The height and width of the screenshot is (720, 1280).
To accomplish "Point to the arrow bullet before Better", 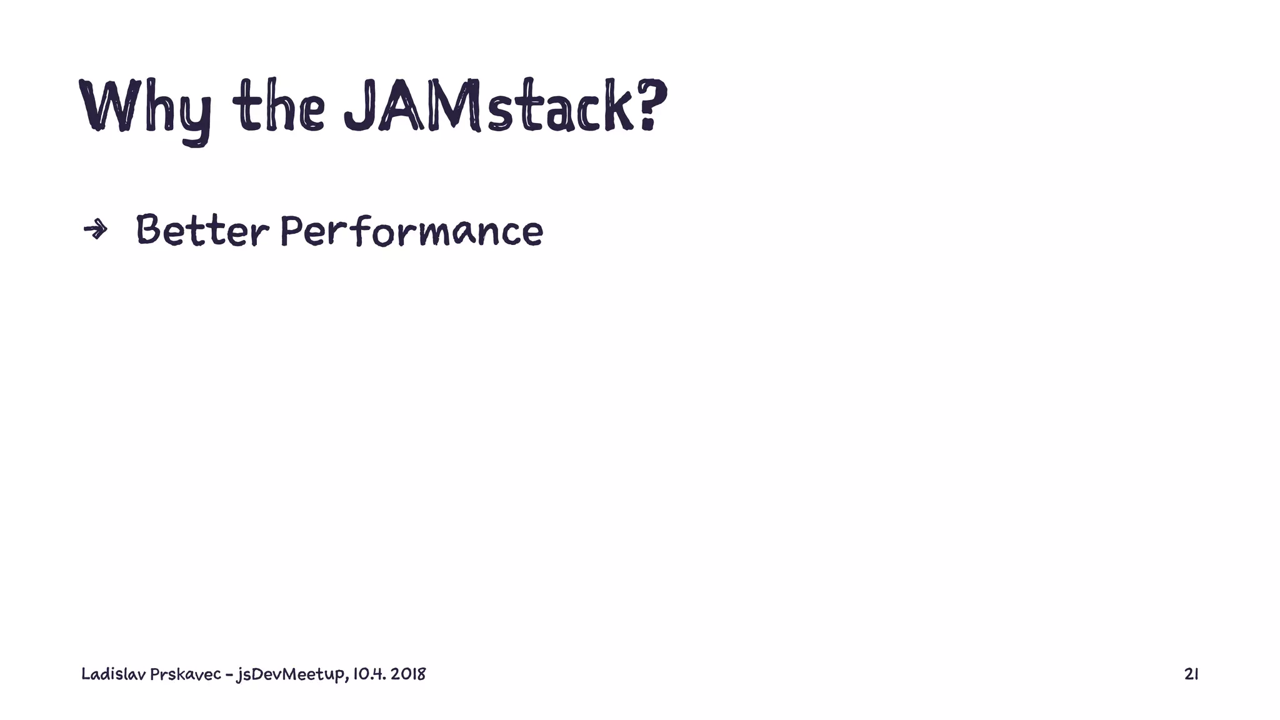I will click(95, 230).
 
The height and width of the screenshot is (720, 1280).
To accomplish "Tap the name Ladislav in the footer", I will click(113, 674).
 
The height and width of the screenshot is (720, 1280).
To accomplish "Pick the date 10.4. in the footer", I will click(369, 674).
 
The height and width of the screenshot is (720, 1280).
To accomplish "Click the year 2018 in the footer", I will click(408, 674).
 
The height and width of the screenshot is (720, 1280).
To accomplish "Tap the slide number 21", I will click(1191, 674).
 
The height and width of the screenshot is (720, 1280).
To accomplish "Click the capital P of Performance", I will click(291, 230).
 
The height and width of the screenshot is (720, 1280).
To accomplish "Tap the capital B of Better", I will click(149, 229).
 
